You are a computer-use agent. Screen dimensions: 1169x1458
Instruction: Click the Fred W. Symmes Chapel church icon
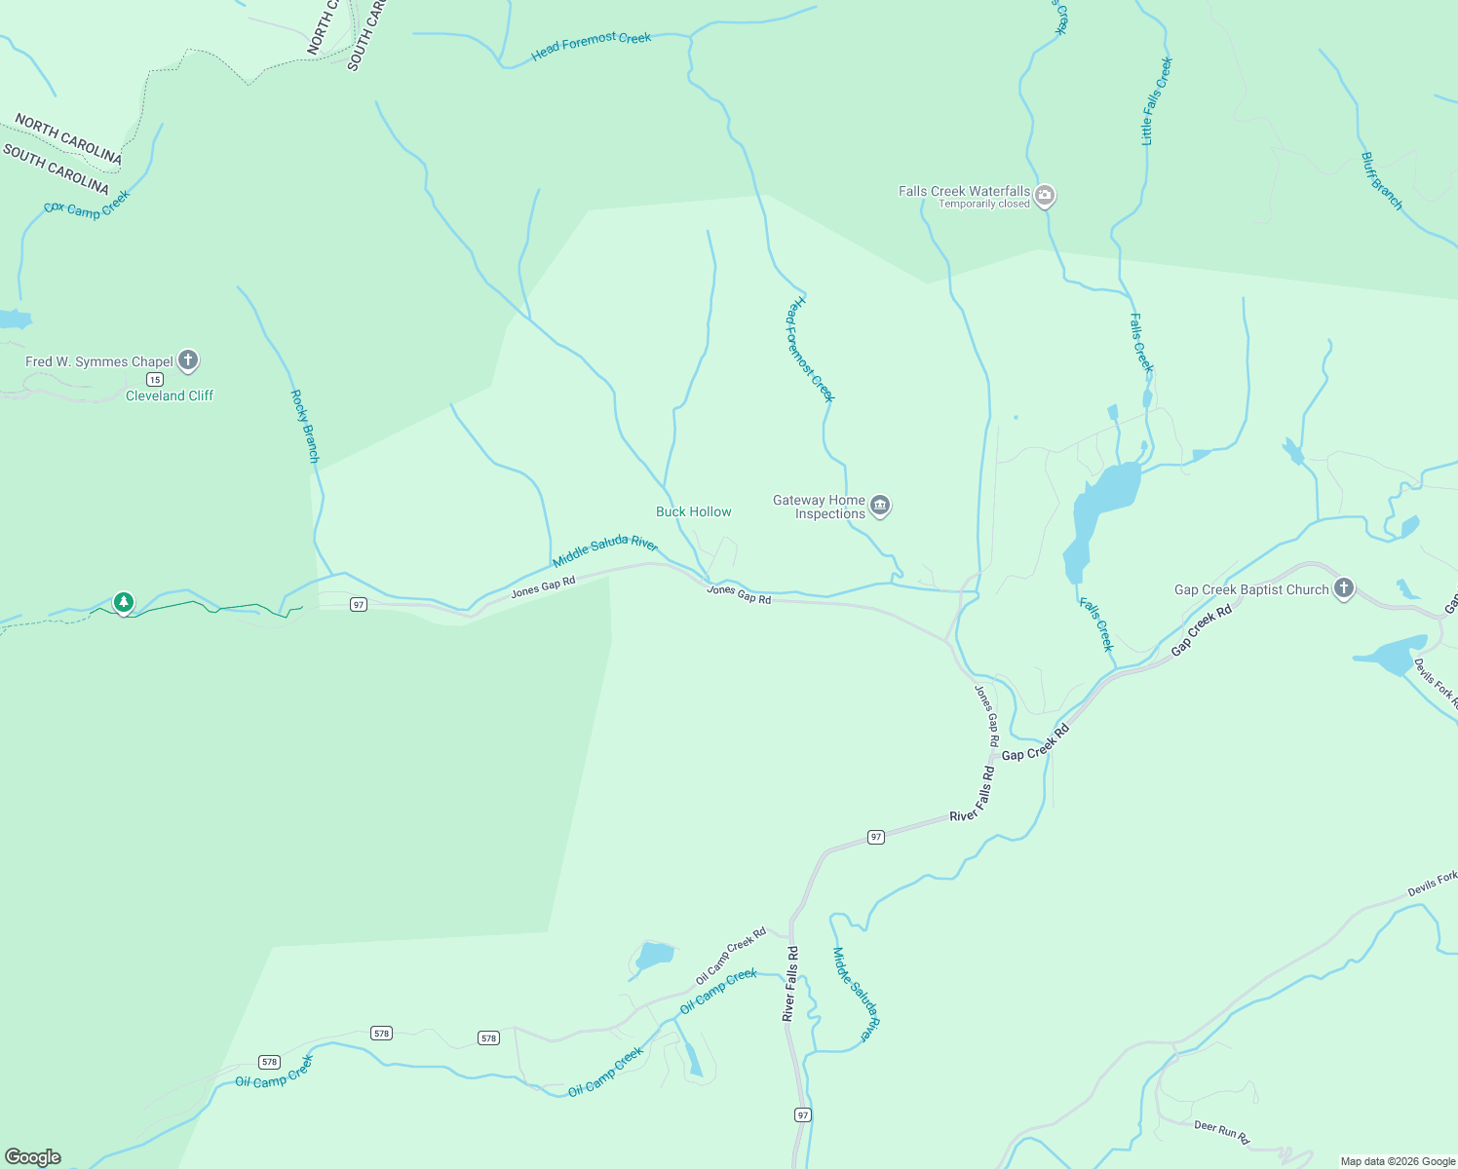[x=188, y=360]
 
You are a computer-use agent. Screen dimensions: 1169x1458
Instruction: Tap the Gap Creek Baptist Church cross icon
[x=1344, y=587]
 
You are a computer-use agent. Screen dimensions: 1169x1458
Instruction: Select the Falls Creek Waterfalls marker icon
[x=1045, y=196]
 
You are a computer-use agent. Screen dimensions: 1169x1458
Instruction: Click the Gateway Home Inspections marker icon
[x=880, y=506]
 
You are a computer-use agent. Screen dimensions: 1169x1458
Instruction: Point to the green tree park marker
[x=123, y=603]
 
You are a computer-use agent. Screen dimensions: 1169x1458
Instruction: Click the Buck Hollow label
[x=693, y=511]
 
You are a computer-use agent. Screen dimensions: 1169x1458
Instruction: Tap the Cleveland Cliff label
[x=170, y=396]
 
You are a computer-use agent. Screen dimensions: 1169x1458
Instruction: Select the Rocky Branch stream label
[x=305, y=427]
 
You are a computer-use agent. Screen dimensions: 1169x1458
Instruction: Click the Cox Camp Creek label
[x=87, y=205]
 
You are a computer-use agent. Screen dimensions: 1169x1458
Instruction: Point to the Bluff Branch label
[x=1381, y=181]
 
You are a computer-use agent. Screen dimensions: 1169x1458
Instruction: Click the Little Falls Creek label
[x=1157, y=101]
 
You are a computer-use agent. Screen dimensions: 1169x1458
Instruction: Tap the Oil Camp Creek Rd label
[x=730, y=956]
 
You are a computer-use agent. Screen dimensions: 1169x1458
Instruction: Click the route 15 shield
[x=155, y=379]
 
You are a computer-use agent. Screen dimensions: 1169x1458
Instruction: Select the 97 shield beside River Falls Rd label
[x=876, y=837]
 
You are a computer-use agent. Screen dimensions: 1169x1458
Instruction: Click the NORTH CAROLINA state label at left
[x=68, y=139]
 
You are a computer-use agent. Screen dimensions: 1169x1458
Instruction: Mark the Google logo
[x=33, y=1157]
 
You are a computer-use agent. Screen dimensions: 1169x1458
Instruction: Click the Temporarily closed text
[x=983, y=204]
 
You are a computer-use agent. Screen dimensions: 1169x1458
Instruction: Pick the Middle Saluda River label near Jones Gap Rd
[x=604, y=550]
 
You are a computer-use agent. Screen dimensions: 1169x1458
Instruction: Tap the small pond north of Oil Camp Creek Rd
[x=653, y=955]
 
